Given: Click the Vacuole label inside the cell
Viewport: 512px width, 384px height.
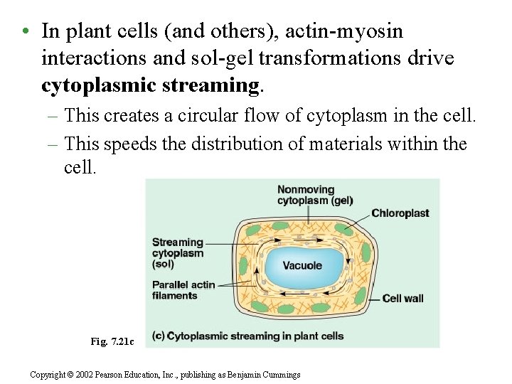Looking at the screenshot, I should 302,266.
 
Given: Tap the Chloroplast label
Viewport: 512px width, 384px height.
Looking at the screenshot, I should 400,213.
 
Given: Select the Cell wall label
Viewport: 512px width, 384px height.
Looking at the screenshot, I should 403,299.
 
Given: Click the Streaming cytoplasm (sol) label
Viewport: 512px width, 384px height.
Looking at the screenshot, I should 178,253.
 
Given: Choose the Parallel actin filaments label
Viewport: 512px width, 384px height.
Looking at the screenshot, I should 183,290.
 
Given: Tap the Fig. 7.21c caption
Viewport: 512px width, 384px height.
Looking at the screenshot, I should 112,341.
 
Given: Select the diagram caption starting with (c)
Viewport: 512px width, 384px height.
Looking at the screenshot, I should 249,336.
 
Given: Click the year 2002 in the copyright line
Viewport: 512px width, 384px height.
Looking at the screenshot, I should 85,375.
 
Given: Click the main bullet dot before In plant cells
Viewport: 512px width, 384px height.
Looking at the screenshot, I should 25,32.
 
